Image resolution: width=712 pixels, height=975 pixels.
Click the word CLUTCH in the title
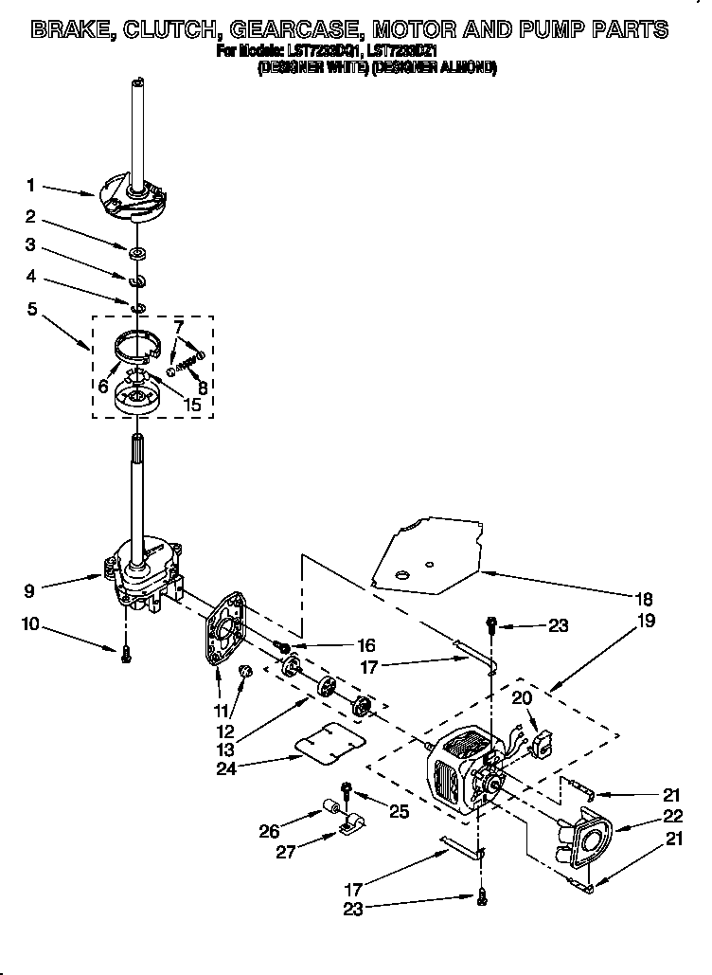[175, 29]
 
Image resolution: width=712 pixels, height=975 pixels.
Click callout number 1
[30, 185]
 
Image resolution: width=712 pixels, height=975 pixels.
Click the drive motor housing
[459, 767]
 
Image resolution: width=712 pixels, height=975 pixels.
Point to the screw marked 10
[126, 654]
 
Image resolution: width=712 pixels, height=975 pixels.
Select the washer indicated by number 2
[137, 252]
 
